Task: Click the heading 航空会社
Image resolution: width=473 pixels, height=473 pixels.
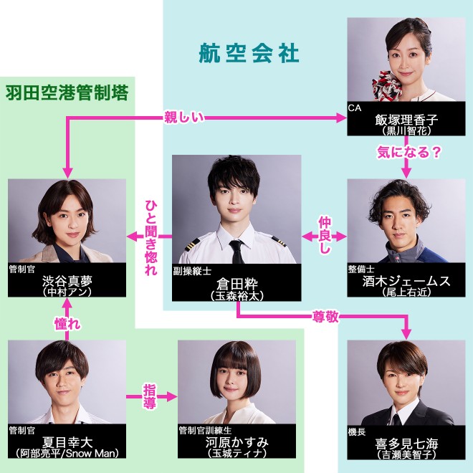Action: pos(248,52)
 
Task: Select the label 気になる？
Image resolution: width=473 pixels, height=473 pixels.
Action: pos(408,152)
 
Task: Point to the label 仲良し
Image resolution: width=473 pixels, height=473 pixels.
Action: pos(326,234)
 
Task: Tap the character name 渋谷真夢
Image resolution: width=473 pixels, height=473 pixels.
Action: pos(67,282)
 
